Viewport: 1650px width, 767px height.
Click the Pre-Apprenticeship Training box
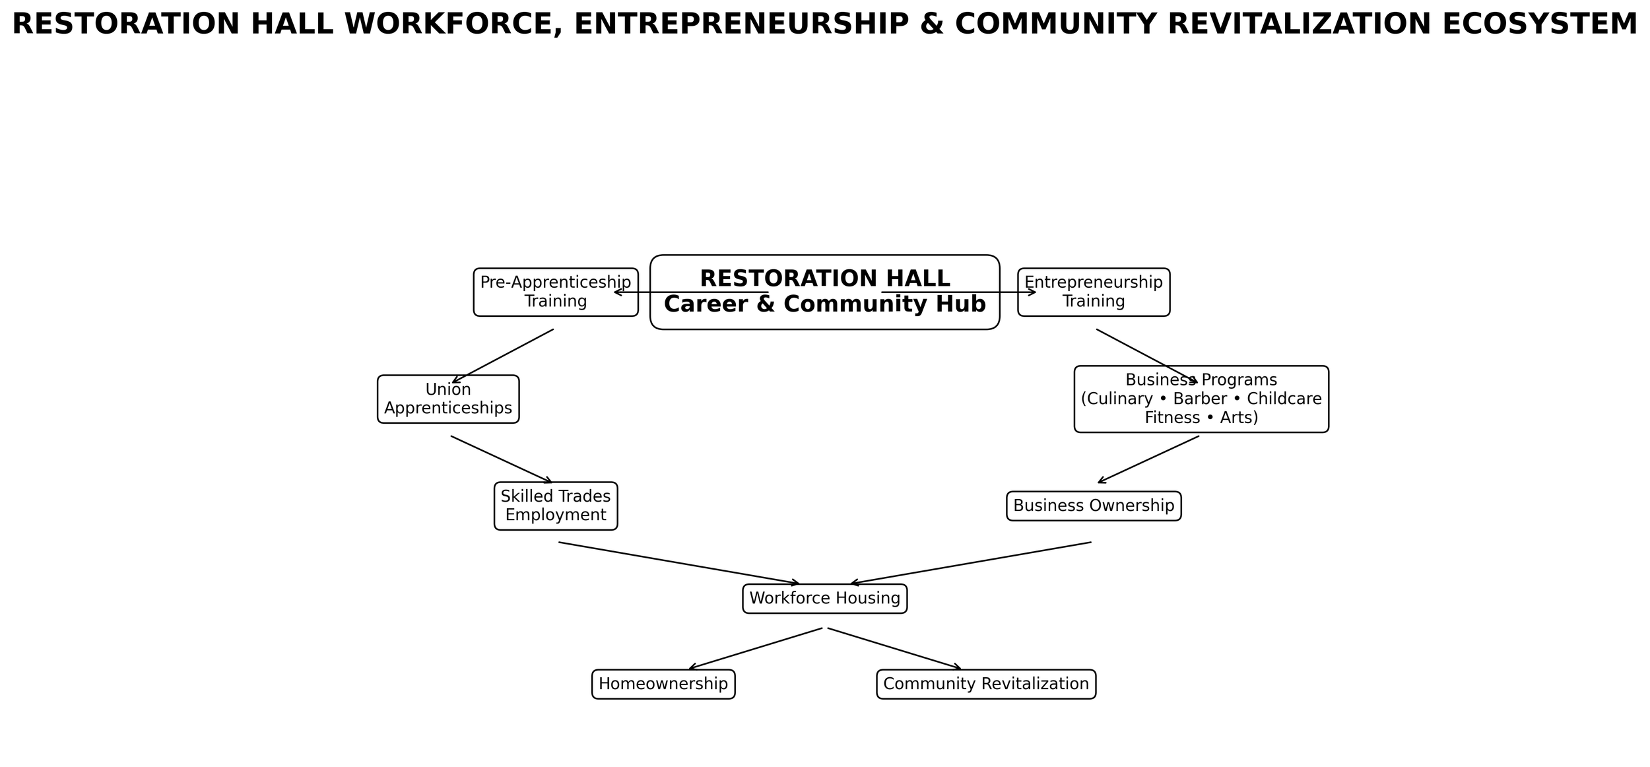pyautogui.click(x=555, y=292)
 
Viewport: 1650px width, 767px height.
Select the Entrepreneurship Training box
pyautogui.click(x=1094, y=292)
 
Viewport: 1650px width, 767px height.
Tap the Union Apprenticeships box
pyautogui.click(x=448, y=399)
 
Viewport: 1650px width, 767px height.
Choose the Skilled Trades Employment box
pyautogui.click(x=556, y=506)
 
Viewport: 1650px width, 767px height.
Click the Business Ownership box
pyautogui.click(x=1094, y=506)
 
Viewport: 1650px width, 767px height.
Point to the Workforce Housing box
pyautogui.click(x=824, y=599)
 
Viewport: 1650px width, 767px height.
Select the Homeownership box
pyautogui.click(x=663, y=684)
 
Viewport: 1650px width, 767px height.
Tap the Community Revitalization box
pyautogui.click(x=986, y=684)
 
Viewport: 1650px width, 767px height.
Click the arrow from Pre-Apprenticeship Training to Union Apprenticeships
pyautogui.click(x=503, y=356)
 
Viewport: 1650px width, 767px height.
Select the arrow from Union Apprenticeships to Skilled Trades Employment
pyautogui.click(x=502, y=459)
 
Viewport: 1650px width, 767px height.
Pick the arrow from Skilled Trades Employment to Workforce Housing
pyautogui.click(x=680, y=564)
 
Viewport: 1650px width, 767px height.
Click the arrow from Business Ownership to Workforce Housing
pyautogui.click(x=970, y=564)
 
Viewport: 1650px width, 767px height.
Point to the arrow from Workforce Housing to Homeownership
pyautogui.click(x=756, y=649)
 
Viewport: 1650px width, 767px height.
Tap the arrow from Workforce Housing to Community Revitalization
pyautogui.click(x=894, y=649)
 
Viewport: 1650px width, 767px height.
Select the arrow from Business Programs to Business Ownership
pyautogui.click(x=1148, y=459)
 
